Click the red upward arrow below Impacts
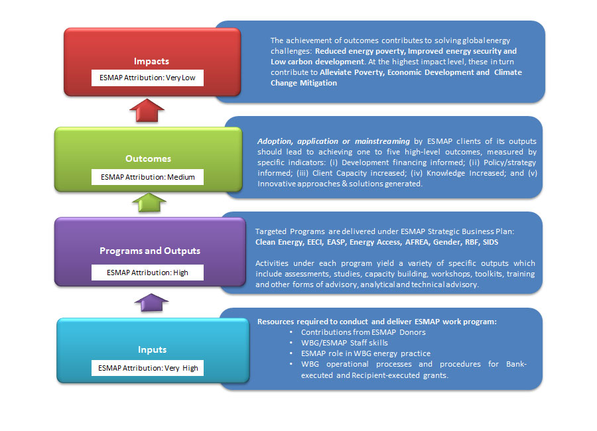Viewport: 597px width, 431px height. tap(151, 110)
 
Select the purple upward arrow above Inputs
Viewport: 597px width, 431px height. tap(151, 302)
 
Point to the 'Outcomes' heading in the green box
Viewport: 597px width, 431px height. tap(148, 158)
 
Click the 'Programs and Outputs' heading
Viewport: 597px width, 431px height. tap(149, 251)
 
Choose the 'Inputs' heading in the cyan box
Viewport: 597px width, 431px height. tap(152, 349)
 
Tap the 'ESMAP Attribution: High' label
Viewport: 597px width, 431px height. tap(148, 272)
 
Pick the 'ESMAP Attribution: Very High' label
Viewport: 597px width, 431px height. tap(148, 367)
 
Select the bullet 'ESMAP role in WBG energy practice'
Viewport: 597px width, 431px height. tap(365, 353)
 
